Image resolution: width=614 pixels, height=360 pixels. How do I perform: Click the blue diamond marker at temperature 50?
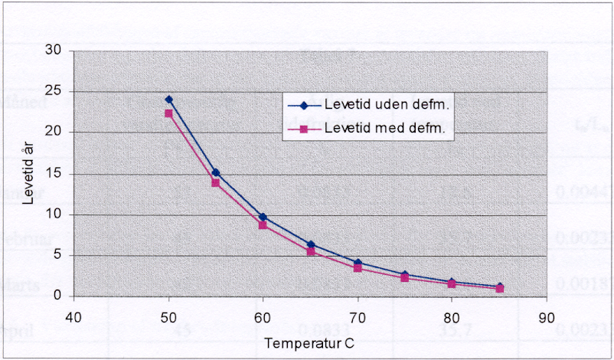168,100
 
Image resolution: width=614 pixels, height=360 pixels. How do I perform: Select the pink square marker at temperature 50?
168,113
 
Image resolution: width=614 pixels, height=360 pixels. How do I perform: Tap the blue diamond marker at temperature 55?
216,172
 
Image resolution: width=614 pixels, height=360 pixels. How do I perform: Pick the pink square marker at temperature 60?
263,225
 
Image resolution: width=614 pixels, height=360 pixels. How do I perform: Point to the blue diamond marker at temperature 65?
310,245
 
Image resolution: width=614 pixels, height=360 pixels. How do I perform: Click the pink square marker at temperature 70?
358,268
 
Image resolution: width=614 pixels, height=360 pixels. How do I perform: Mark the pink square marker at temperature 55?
216,182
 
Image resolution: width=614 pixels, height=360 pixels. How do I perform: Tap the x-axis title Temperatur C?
309,343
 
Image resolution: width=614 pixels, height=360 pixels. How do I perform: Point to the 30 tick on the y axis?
54,51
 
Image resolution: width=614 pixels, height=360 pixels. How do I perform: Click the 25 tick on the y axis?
54,92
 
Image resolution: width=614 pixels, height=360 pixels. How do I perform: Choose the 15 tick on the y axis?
54,174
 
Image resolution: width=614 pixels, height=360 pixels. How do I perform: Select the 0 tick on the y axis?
57,296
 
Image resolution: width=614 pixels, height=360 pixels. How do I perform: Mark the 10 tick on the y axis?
54,214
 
